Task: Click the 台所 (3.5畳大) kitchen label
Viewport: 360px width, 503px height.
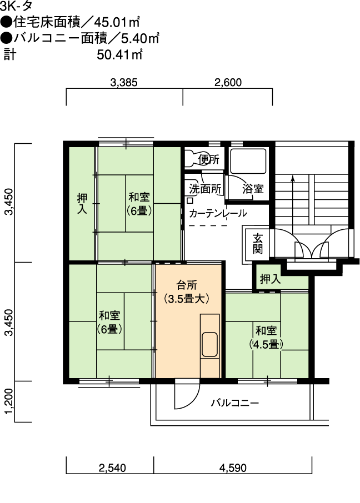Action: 187,292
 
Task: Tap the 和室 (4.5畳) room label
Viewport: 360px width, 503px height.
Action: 266,338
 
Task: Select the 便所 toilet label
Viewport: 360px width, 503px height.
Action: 209,159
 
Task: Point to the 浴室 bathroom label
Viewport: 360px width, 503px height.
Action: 253,189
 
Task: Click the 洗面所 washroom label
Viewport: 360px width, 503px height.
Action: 205,189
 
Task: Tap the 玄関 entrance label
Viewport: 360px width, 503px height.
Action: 258,244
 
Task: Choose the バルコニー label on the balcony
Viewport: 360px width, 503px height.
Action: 235,403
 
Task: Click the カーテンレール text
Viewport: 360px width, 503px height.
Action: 218,213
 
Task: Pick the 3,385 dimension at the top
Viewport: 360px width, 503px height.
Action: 124,83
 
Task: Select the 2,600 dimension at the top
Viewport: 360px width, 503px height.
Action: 228,83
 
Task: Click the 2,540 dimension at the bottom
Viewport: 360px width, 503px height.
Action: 112,468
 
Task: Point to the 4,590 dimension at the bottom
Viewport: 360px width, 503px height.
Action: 233,468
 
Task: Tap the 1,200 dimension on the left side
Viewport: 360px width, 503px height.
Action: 9,401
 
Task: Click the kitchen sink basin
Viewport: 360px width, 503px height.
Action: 209,345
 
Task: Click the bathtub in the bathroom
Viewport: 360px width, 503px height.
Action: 248,162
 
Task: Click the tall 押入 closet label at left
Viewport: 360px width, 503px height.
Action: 82,203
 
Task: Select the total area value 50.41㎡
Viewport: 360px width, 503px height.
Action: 119,55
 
